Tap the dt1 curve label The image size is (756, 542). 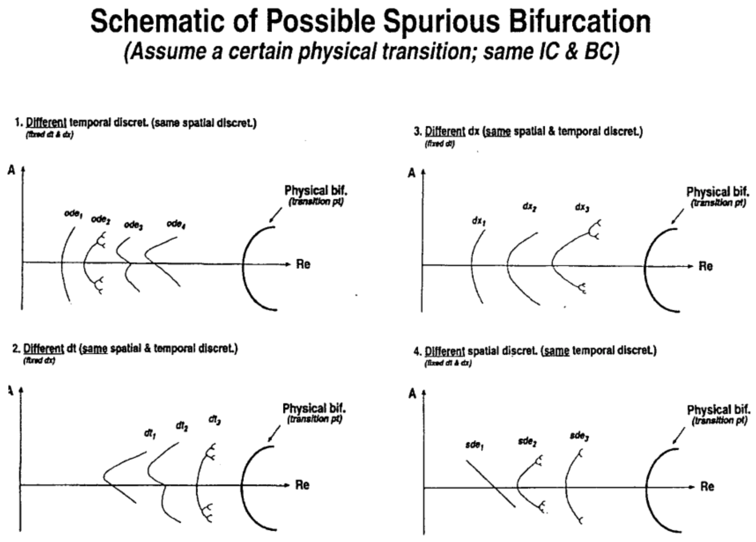pyautogui.click(x=150, y=434)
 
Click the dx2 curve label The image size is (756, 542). pyautogui.click(x=529, y=207)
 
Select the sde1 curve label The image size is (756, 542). pyautogui.click(x=474, y=445)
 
